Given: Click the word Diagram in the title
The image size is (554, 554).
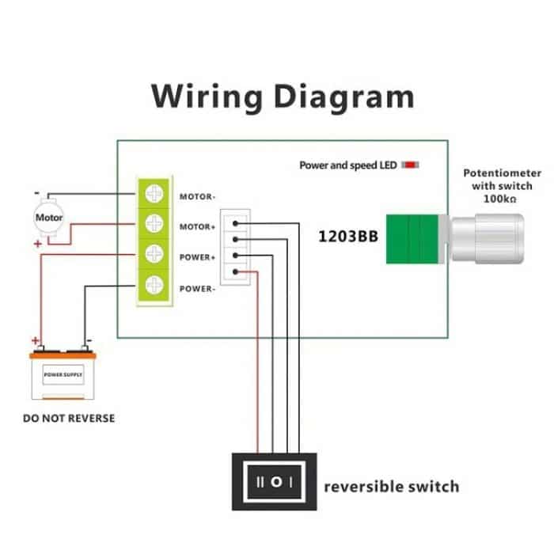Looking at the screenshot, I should pyautogui.click(x=343, y=97).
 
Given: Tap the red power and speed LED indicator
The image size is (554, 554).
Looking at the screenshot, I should pyautogui.click(x=411, y=165).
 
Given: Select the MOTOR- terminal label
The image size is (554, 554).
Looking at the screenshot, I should pyautogui.click(x=198, y=196).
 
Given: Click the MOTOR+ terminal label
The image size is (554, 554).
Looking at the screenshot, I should pyautogui.click(x=198, y=227).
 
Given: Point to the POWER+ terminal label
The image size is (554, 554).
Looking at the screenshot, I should pyautogui.click(x=198, y=257).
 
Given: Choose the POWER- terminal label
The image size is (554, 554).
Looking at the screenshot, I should pyautogui.click(x=198, y=288).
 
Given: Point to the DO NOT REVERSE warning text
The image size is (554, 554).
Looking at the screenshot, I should pyautogui.click(x=69, y=418).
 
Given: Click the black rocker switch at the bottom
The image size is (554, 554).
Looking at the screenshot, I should pyautogui.click(x=274, y=481).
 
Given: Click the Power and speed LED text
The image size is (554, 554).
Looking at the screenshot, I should pyautogui.click(x=347, y=165).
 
